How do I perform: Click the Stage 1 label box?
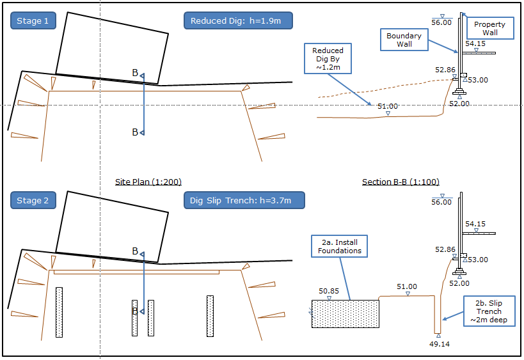33,21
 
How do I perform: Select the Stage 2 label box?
33,200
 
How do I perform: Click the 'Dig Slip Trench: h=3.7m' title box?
244,200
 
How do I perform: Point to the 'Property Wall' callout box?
490,28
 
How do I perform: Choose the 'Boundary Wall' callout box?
404,40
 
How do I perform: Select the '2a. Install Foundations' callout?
339,246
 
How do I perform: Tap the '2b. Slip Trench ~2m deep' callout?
490,311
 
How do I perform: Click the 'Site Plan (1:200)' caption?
144,182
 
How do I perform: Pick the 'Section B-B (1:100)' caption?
401,182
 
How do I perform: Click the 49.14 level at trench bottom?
438,343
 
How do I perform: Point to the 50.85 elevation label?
329,291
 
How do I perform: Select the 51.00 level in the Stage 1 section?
388,107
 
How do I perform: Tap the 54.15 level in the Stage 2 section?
475,224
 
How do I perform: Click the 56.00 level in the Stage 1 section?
441,22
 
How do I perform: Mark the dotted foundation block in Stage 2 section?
345,314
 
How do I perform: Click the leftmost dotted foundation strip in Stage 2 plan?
59,311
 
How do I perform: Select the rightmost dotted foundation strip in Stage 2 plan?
210,315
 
